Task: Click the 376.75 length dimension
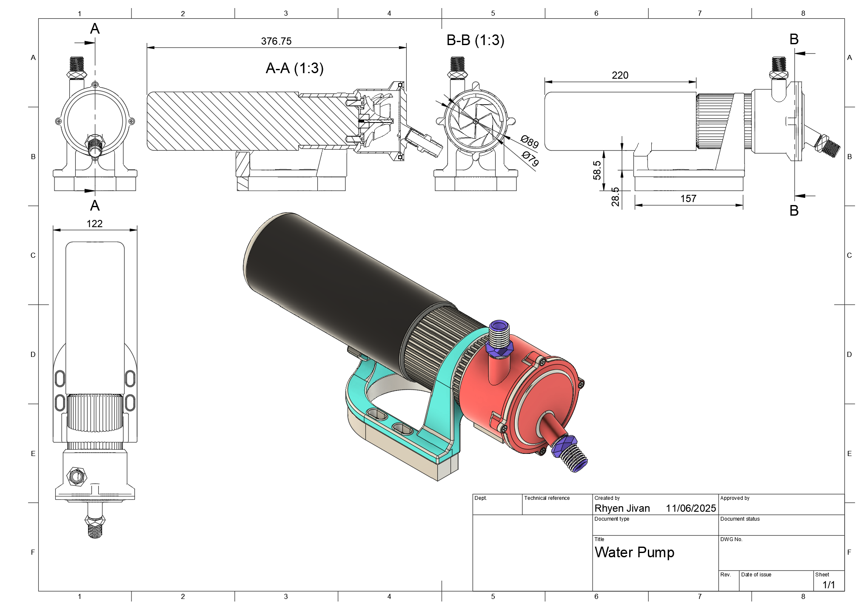pyautogui.click(x=276, y=41)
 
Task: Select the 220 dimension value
pyautogui.click(x=620, y=75)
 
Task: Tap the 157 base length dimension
pyautogui.click(x=688, y=199)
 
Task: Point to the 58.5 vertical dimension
pyautogui.click(x=597, y=170)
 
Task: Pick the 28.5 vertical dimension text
pyautogui.click(x=616, y=197)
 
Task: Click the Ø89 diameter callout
pyautogui.click(x=530, y=141)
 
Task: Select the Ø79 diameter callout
pyautogui.click(x=530, y=159)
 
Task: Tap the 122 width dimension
pyautogui.click(x=94, y=224)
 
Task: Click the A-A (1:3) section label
pyautogui.click(x=294, y=68)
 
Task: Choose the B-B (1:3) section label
pyautogui.click(x=475, y=40)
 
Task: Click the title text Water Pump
pyautogui.click(x=634, y=552)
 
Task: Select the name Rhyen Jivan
pyautogui.click(x=622, y=508)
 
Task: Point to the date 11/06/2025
pyautogui.click(x=691, y=508)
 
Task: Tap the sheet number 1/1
pyautogui.click(x=828, y=584)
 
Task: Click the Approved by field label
pyautogui.click(x=735, y=498)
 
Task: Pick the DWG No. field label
pyautogui.click(x=731, y=539)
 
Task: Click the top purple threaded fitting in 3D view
pyautogui.click(x=499, y=336)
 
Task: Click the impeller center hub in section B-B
pyautogui.click(x=476, y=122)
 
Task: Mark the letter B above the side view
pyautogui.click(x=794, y=40)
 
